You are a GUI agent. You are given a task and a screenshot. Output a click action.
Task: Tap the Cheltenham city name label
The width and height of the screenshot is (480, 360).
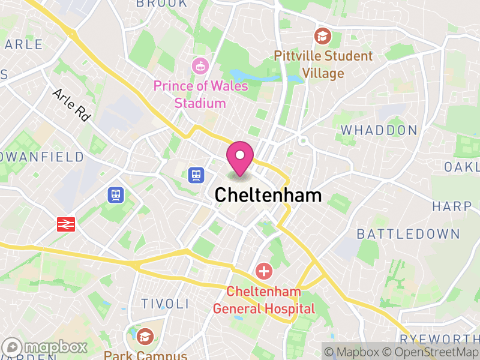[x=268, y=196]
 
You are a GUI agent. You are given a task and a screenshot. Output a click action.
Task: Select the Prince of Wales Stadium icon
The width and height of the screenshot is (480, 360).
[x=199, y=65]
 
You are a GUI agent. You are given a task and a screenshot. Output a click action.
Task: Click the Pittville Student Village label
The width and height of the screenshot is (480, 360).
[x=323, y=65]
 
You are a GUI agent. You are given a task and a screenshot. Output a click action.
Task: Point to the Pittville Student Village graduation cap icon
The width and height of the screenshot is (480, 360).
[x=323, y=36]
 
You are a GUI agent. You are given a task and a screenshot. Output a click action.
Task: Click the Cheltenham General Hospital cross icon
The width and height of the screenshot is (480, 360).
[x=263, y=271]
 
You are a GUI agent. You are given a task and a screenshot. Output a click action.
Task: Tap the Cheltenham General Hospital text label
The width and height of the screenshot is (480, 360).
[x=264, y=300]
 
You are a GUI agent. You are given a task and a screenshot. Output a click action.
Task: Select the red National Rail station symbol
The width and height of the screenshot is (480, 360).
[x=65, y=224]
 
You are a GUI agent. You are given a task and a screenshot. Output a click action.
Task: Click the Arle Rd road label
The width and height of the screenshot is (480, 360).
[x=71, y=106]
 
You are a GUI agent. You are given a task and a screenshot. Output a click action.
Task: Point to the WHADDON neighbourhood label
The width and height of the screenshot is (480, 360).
[x=379, y=130]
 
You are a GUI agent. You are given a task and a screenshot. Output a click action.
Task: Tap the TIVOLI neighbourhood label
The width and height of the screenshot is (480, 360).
[x=164, y=304]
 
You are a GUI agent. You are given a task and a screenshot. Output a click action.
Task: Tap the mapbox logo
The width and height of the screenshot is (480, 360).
[x=46, y=347]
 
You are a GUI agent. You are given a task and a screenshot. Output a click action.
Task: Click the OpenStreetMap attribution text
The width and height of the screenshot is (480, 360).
[x=431, y=352]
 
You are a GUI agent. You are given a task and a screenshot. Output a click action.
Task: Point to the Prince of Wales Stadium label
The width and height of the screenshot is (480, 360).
[x=200, y=95]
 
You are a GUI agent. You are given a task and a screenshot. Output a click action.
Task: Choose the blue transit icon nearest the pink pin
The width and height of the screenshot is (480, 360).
[x=196, y=175]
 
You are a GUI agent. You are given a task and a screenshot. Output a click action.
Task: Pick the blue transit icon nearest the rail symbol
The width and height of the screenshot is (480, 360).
[x=116, y=194]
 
